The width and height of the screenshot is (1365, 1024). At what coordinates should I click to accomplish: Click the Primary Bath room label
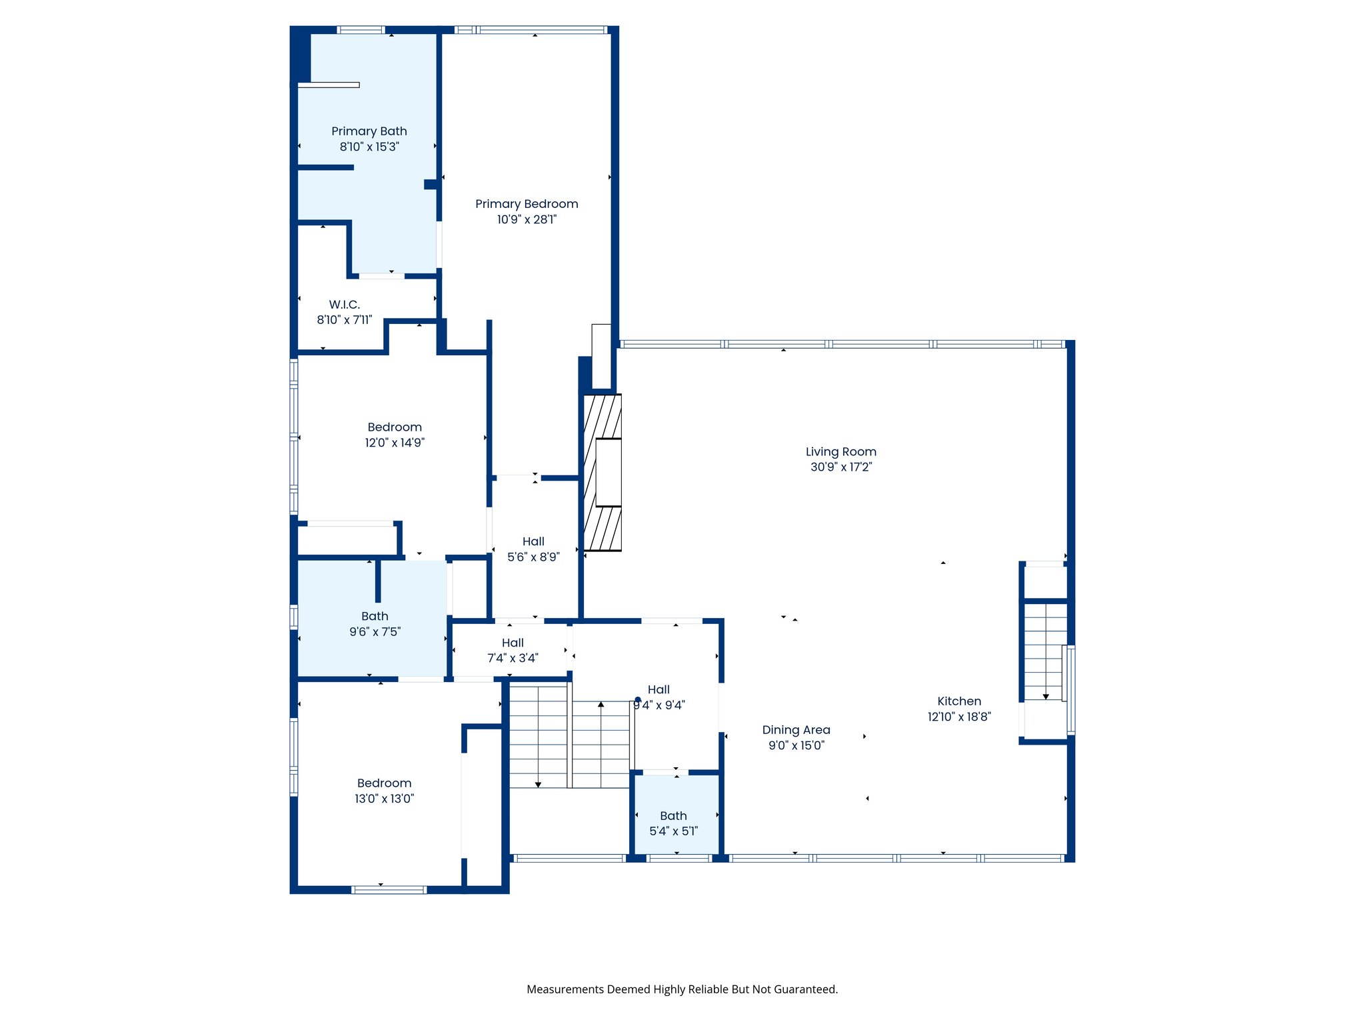369,131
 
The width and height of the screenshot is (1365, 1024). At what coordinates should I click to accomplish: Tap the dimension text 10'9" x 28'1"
527,219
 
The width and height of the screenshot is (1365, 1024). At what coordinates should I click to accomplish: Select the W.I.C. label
345,305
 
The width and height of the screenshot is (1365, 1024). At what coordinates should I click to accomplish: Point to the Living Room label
841,452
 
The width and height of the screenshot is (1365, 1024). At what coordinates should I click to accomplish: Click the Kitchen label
959,701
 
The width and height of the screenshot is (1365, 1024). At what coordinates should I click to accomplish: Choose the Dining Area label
796,730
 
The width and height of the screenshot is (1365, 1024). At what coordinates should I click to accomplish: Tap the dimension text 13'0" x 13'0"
385,799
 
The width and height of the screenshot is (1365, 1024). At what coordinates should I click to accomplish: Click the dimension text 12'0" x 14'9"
395,443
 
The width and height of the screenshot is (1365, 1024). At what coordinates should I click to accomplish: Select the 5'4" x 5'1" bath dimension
674,831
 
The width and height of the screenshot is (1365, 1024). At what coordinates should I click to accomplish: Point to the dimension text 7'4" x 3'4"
513,658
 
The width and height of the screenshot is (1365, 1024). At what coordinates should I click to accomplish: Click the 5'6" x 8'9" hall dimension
534,557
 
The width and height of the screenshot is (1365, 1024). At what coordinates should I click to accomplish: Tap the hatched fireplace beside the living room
603,473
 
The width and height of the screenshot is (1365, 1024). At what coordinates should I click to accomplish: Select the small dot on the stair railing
638,700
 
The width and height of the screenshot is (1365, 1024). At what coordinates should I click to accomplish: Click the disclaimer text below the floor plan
682,989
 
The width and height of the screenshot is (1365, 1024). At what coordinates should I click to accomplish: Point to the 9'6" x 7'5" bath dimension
375,632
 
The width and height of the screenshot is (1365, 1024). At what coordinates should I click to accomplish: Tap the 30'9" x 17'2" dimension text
841,467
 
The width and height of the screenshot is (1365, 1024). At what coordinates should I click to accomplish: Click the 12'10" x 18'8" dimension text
960,717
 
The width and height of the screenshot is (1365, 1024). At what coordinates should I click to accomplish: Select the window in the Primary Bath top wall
361,30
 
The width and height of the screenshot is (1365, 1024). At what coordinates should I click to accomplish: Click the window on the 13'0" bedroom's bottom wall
389,890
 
